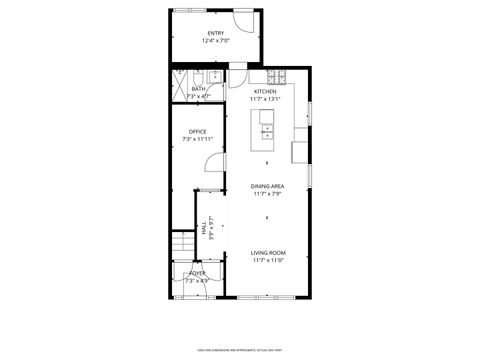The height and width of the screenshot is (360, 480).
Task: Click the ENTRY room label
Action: (216, 34)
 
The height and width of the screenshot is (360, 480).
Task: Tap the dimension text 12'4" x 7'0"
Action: (216, 41)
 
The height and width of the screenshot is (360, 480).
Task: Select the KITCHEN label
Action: (265, 92)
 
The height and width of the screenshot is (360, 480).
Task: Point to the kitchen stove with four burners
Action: (276, 77)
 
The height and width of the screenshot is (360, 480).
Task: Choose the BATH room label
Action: (199, 89)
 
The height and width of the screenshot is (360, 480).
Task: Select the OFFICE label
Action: (198, 132)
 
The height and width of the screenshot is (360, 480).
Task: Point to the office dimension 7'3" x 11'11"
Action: (198, 139)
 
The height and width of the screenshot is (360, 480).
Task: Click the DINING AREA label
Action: (267, 187)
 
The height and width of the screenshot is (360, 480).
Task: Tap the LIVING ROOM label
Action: (268, 253)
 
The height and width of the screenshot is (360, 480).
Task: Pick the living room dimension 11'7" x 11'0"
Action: (268, 261)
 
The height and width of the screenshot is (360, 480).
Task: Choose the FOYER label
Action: (197, 273)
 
